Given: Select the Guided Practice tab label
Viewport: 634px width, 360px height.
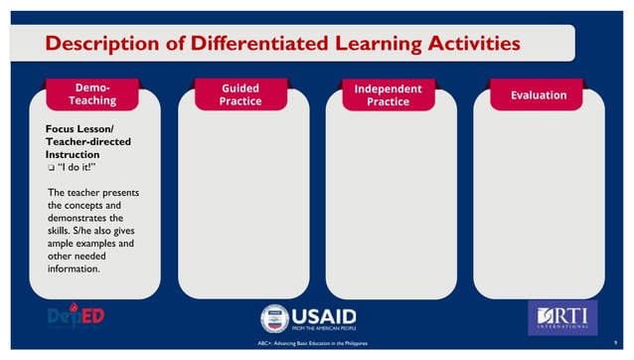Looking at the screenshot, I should click(240, 94).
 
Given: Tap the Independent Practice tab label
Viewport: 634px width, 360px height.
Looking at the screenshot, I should click(388, 94).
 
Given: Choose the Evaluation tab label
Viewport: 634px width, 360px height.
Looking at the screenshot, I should click(538, 94).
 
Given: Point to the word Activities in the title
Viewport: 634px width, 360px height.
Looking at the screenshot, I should click(466, 44).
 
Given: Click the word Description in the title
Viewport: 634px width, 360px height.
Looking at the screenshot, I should click(97, 44).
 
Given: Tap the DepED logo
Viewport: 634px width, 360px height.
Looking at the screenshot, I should click(77, 316).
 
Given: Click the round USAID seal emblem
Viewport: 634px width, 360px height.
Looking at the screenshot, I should click(274, 317).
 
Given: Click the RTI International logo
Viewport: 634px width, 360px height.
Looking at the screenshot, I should click(561, 316).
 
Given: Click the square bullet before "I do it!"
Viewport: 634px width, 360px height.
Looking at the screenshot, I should click(52, 168).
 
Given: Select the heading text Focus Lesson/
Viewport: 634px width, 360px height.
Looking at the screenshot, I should click(80, 129).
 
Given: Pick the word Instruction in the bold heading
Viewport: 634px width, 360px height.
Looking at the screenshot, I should click(73, 155).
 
